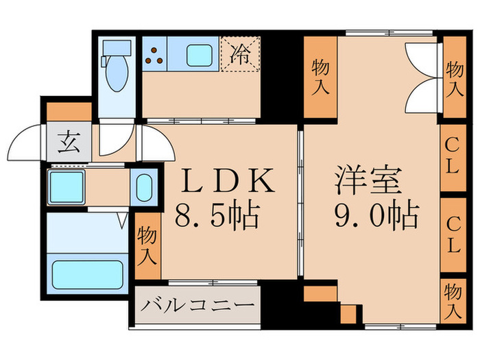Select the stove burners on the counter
[x=154, y=56]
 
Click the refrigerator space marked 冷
[x=239, y=53]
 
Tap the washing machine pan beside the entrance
[x=67, y=185]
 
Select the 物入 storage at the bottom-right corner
[x=453, y=300]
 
